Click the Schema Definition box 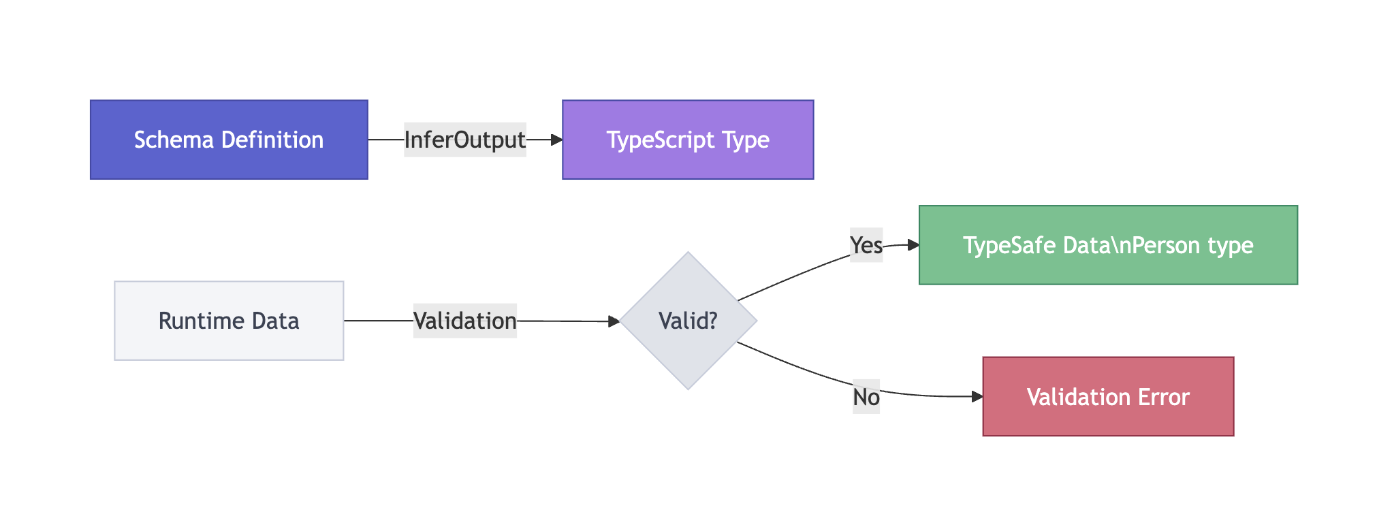point(229,140)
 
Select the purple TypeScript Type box point(688,140)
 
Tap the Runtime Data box point(229,321)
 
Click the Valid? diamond point(688,321)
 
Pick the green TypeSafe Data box point(1108,245)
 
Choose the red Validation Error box point(1108,396)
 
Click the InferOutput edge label point(464,140)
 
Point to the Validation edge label point(464,321)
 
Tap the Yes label point(866,245)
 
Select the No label point(866,396)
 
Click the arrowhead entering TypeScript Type point(557,140)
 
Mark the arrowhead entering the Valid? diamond point(614,321)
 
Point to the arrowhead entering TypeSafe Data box point(913,245)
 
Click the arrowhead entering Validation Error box point(977,396)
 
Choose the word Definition point(272,140)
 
